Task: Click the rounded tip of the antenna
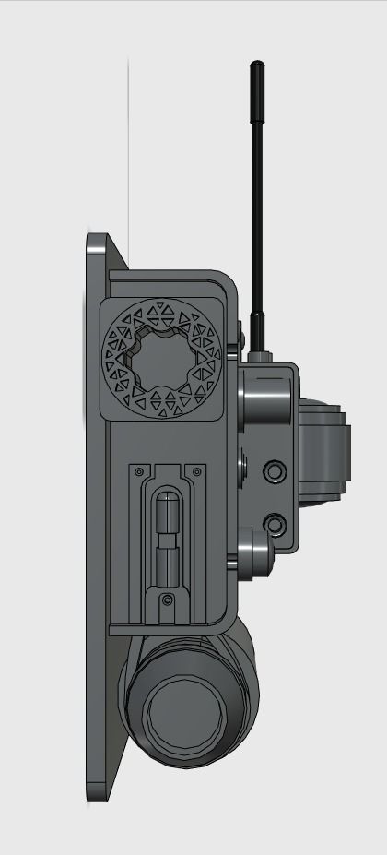tap(257, 67)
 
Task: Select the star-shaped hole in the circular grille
tap(163, 358)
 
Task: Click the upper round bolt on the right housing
tap(275, 471)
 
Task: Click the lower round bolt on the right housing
tap(275, 525)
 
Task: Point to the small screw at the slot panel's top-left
tap(138, 471)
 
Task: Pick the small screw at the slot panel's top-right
tap(195, 471)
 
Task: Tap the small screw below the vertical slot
tap(167, 600)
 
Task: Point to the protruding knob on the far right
tap(332, 452)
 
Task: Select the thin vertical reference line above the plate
tap(128, 138)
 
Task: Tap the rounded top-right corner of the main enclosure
tap(226, 281)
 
